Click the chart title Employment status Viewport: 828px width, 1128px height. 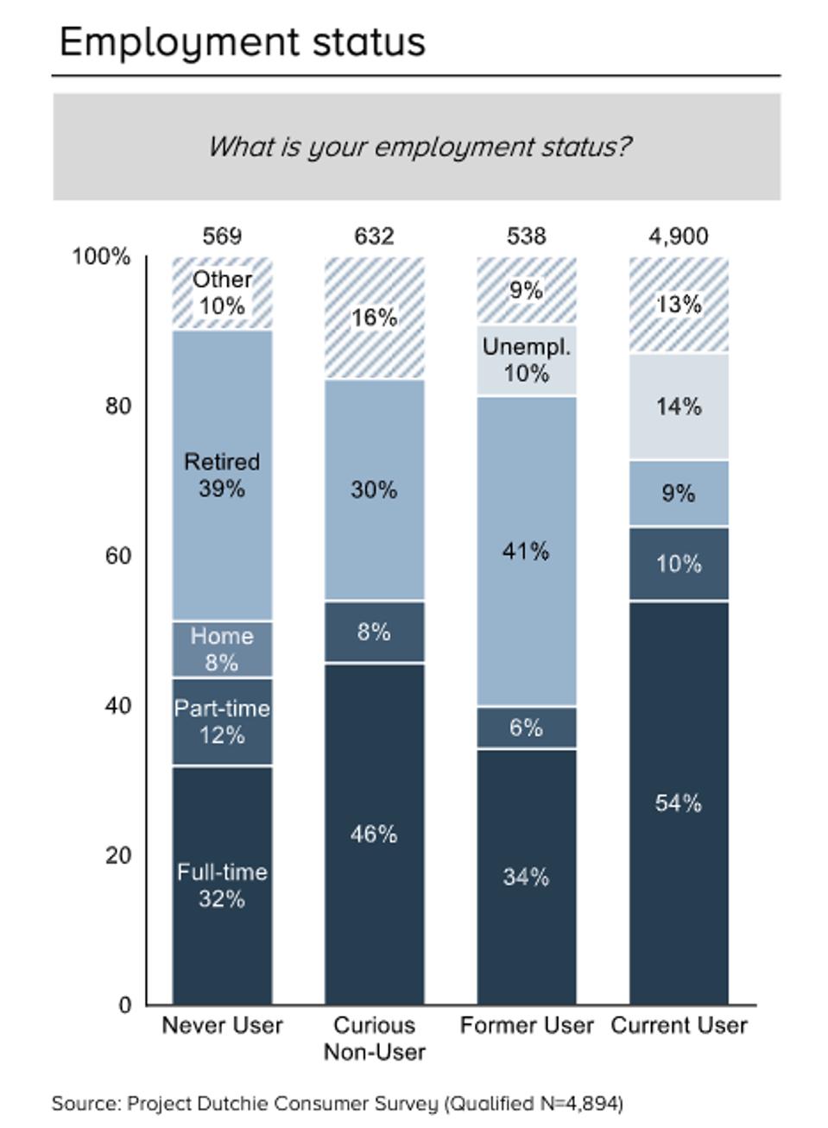click(x=243, y=41)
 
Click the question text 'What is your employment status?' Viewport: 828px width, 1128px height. click(x=419, y=146)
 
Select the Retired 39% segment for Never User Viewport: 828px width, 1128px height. click(x=222, y=475)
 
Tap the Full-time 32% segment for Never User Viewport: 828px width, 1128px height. click(x=222, y=885)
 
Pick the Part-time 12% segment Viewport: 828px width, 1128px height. click(x=222, y=722)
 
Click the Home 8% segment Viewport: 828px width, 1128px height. click(x=222, y=649)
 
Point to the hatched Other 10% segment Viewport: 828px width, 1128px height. click(x=222, y=293)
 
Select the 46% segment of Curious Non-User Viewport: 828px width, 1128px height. click(x=374, y=834)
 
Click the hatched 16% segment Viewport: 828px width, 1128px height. click(x=374, y=318)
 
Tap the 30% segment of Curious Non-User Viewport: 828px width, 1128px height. click(x=374, y=489)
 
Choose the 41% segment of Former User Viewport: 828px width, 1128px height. click(x=526, y=551)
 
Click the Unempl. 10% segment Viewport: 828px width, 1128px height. click(x=526, y=360)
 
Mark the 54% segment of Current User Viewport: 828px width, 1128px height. click(x=679, y=803)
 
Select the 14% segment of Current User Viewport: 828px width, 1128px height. click(x=679, y=406)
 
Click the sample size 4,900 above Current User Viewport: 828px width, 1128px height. click(x=679, y=236)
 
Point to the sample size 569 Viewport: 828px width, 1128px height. click(x=222, y=236)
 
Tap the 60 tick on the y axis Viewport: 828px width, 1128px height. click(x=118, y=555)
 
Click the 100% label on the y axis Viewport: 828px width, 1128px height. click(x=101, y=256)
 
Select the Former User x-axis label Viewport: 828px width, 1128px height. click(x=526, y=1025)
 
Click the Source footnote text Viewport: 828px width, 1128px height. click(x=337, y=1103)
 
